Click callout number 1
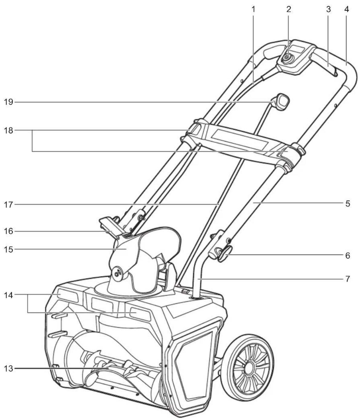tap(254, 9)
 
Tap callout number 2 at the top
tap(289, 9)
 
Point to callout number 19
tap(8, 102)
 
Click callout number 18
tap(8, 130)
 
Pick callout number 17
tap(8, 205)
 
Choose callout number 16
tap(8, 232)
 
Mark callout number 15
tap(8, 249)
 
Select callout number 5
tap(347, 203)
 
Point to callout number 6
tap(347, 256)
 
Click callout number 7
tap(347, 278)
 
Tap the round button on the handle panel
tap(286, 57)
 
